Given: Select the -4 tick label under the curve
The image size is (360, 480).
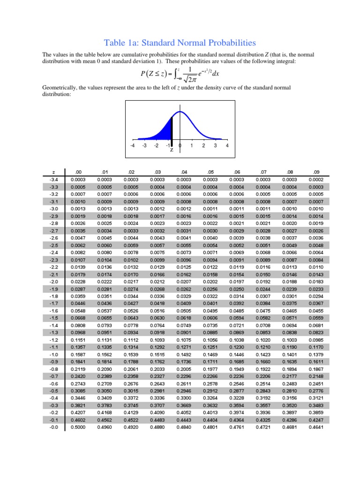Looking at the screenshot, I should tap(133, 145).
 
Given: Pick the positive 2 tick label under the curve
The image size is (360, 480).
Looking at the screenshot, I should tap(203, 145).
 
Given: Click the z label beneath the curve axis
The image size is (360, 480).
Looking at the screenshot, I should tap(172, 150).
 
